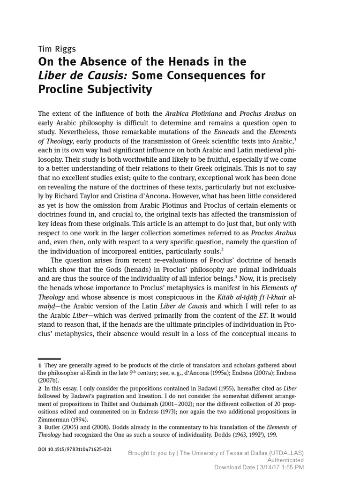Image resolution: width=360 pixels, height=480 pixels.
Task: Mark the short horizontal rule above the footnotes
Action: click(49, 359)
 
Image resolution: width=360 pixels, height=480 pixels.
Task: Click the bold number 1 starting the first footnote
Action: click(40, 365)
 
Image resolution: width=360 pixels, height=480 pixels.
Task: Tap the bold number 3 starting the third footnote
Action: click(40, 427)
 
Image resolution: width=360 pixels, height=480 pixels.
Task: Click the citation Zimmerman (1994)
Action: click(63, 420)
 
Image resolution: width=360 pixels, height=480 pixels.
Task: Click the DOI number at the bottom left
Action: click(75, 449)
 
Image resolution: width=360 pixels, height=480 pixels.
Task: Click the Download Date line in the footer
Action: click(259, 467)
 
